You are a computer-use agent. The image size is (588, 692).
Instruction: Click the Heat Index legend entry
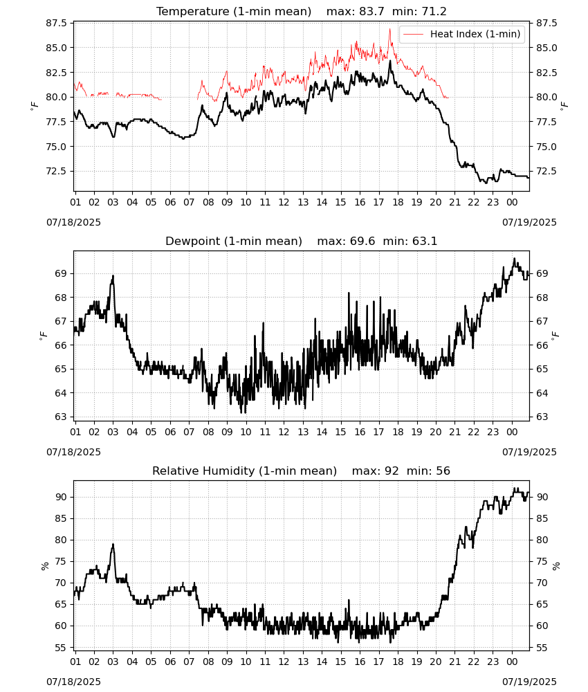pyautogui.click(x=462, y=34)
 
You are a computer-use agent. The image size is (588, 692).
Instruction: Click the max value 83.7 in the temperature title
pyautogui.click(x=371, y=12)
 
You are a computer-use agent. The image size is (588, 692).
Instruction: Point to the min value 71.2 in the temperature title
pyautogui.click(x=434, y=12)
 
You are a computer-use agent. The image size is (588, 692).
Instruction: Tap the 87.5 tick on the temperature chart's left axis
pyautogui.click(x=57, y=23)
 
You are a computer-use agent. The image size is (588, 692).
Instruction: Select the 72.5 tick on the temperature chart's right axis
pyautogui.click(x=546, y=171)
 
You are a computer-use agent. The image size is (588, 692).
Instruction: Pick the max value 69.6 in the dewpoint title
pyautogui.click(x=362, y=242)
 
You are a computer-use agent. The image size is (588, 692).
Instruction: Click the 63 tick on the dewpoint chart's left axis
pyautogui.click(x=62, y=417)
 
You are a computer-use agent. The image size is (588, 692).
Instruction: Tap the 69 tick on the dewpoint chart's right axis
pyautogui.click(x=542, y=273)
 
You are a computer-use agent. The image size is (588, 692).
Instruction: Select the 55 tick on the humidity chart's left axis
pyautogui.click(x=62, y=648)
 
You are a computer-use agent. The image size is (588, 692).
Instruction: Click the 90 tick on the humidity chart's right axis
pyautogui.click(x=542, y=497)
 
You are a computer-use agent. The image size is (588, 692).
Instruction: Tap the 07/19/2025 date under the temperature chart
pyautogui.click(x=529, y=222)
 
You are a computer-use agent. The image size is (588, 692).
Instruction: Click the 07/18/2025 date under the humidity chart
pyautogui.click(x=73, y=682)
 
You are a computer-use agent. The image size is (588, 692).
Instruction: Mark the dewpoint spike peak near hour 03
pyautogui.click(x=113, y=276)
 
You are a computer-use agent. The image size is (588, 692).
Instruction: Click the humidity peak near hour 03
pyautogui.click(x=113, y=544)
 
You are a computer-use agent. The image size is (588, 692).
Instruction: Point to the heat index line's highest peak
pyautogui.click(x=390, y=29)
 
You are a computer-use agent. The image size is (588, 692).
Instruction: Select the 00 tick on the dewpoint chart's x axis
pyautogui.click(x=512, y=432)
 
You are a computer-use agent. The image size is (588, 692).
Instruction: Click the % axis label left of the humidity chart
pyautogui.click(x=44, y=566)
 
